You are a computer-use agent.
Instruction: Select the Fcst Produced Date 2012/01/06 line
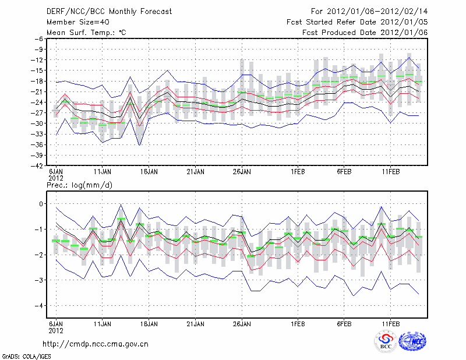click(365, 33)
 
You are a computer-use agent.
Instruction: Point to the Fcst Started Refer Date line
click(357, 22)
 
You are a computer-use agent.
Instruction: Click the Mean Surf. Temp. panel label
click(86, 33)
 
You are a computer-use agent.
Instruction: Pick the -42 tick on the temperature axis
click(37, 166)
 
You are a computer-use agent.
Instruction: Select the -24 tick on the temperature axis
click(37, 102)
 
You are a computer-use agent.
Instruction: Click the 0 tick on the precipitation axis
click(40, 203)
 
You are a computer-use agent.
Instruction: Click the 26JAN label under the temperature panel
click(242, 172)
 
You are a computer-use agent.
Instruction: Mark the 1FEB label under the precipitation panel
click(298, 323)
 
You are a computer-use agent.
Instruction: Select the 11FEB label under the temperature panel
click(390, 172)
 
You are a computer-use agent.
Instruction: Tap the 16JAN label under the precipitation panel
click(149, 323)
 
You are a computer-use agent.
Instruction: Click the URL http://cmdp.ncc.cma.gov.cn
click(96, 344)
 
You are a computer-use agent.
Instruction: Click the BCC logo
click(385, 343)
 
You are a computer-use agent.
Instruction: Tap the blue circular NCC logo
click(412, 342)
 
